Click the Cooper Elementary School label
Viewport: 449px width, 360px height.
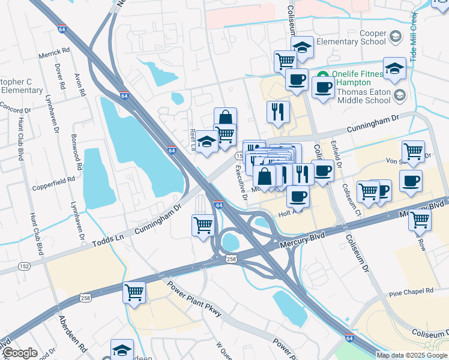[356, 37]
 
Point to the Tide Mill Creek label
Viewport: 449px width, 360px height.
[414, 35]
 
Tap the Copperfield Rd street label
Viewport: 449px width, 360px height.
[54, 179]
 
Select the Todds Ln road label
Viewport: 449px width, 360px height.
[110, 242]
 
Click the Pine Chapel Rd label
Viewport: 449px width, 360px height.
[411, 292]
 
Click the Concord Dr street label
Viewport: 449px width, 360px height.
[16, 110]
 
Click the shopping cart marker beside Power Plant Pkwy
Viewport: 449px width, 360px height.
[134, 293]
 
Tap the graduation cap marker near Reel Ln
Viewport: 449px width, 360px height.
[206, 142]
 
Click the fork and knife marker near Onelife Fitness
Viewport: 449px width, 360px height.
[278, 111]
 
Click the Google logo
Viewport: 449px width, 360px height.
[20, 353]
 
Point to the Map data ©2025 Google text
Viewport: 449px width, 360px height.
[412, 355]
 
